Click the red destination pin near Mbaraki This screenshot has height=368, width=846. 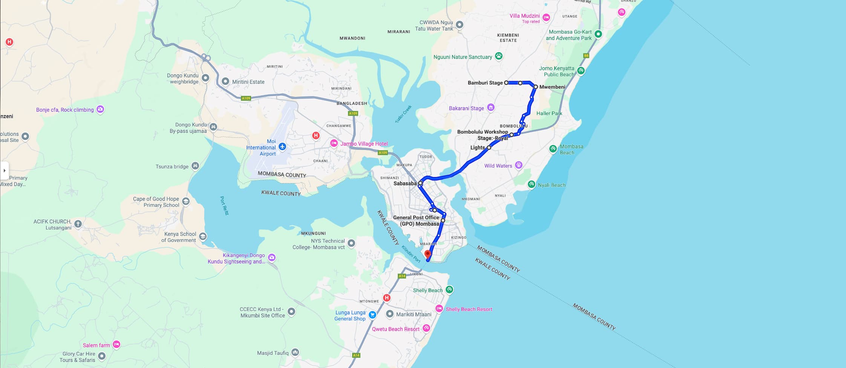(428, 254)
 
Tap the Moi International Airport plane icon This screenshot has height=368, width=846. (282, 147)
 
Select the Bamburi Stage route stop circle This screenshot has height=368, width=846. (506, 83)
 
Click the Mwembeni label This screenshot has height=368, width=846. (552, 87)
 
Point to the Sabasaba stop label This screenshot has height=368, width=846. (405, 183)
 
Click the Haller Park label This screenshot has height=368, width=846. (549, 113)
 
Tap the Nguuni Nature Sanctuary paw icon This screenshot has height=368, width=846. (499, 56)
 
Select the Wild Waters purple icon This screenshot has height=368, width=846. (519, 165)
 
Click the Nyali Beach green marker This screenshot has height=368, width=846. (532, 185)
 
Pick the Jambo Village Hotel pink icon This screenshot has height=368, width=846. (334, 143)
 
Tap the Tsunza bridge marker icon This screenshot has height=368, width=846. (195, 166)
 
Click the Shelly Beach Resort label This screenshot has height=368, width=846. (469, 309)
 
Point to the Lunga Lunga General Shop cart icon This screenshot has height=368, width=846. (372, 315)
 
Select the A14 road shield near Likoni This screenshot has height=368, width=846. (402, 276)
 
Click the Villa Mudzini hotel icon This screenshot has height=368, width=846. (546, 17)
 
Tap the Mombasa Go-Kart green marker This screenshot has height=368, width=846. (598, 34)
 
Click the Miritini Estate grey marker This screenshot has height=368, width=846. (225, 82)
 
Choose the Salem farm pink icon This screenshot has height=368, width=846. (116, 344)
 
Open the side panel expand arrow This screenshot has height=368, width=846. (4, 170)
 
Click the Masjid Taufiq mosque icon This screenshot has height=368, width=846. (295, 353)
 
